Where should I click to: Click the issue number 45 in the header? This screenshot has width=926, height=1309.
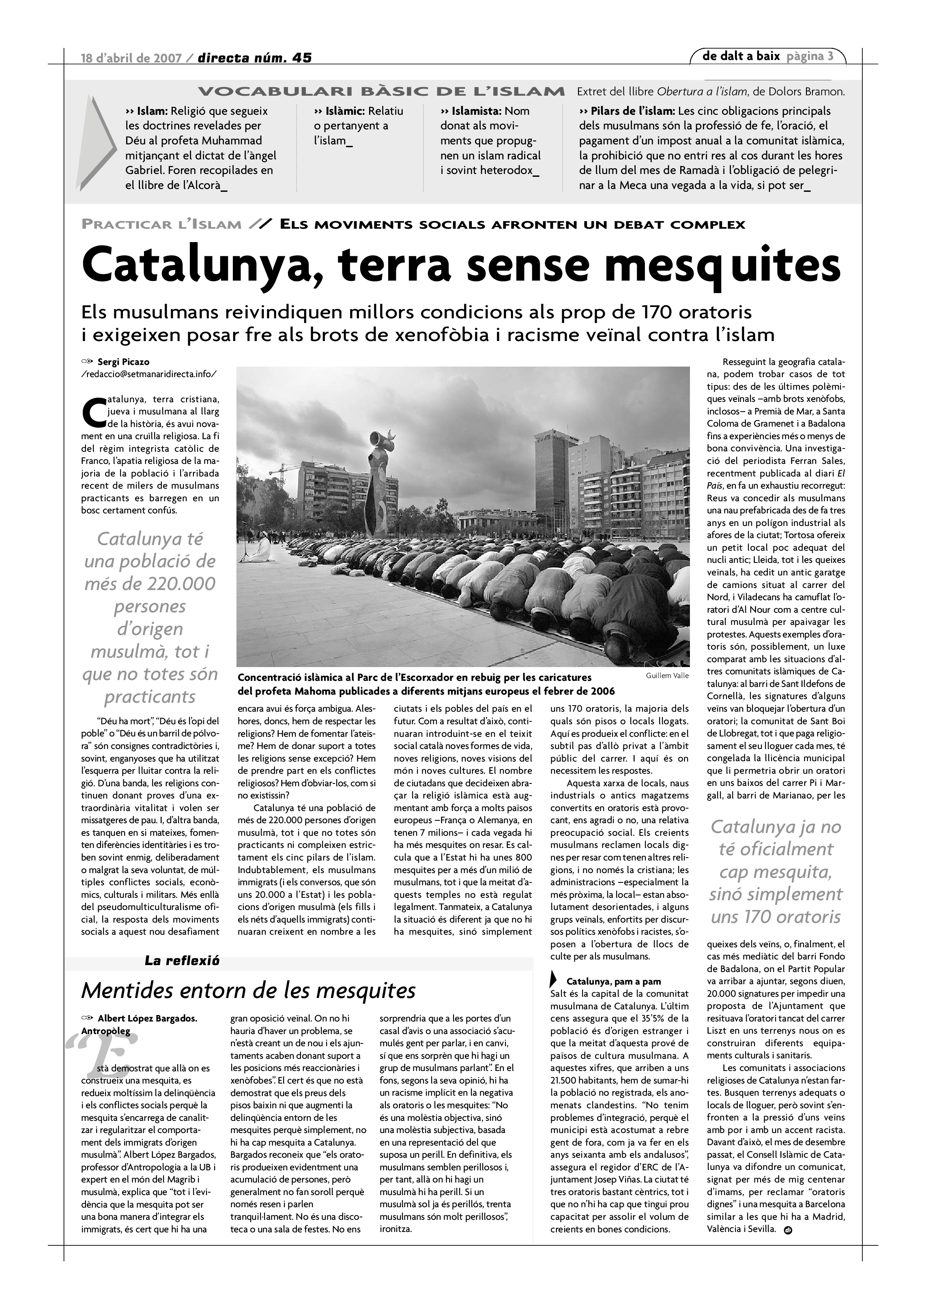302,58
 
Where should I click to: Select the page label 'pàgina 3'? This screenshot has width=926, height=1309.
810,56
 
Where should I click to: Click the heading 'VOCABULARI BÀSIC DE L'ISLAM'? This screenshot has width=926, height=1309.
381,92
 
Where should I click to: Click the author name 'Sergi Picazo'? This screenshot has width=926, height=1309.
123,361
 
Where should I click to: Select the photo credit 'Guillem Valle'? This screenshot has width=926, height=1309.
667,676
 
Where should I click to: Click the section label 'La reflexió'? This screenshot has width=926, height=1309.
182,961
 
